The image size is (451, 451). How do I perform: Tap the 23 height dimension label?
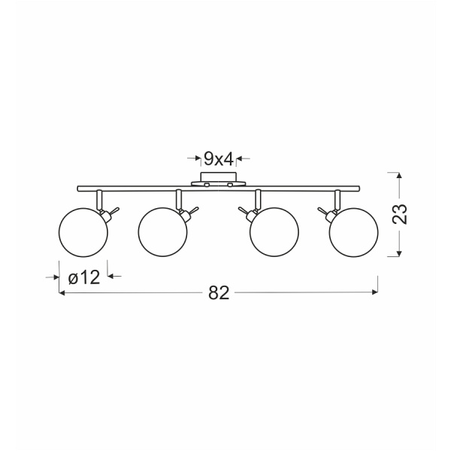(400, 214)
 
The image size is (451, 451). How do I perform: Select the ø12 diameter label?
(84, 278)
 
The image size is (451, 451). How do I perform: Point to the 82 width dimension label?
(219, 293)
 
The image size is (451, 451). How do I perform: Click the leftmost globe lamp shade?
(83, 232)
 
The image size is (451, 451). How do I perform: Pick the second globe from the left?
(163, 232)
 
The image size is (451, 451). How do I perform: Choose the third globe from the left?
(274, 232)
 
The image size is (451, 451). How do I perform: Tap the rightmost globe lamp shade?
(354, 232)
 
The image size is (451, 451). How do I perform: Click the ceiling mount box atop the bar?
(219, 177)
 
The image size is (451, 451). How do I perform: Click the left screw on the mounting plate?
(207, 184)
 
